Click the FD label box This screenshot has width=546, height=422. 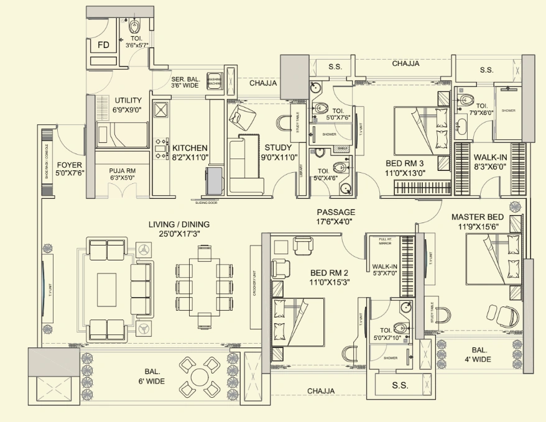click(104, 45)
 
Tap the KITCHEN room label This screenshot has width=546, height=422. click(190, 148)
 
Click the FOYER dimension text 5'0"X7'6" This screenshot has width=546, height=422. click(70, 173)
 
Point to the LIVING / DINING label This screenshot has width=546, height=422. click(178, 225)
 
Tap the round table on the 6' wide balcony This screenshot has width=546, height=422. click(200, 377)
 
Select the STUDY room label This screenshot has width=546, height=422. click(278, 148)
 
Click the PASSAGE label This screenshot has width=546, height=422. click(336, 212)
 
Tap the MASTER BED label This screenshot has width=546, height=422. click(478, 217)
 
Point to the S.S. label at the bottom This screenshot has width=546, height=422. click(400, 385)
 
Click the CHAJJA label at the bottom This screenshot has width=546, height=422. click(320, 391)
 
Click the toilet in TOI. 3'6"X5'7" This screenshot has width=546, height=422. click(135, 27)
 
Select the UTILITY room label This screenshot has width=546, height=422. click(128, 100)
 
